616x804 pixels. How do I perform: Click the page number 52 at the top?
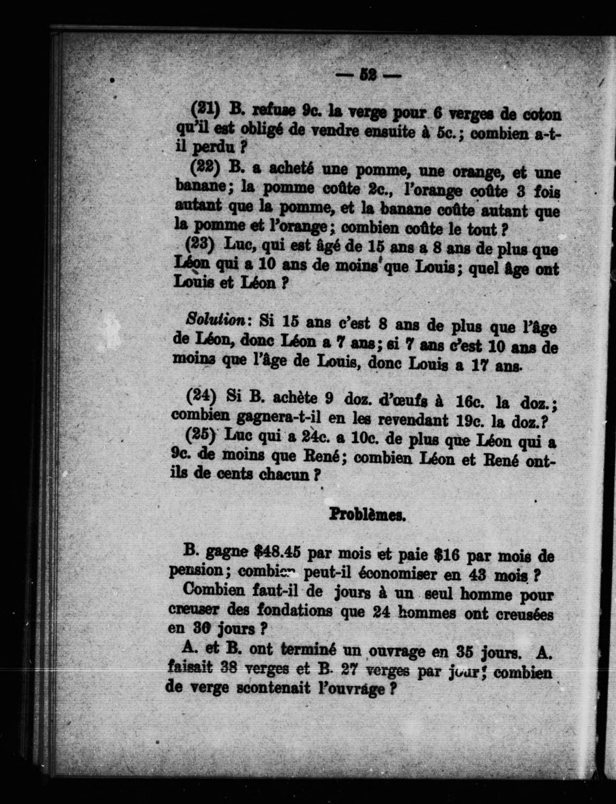[x=369, y=75]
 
